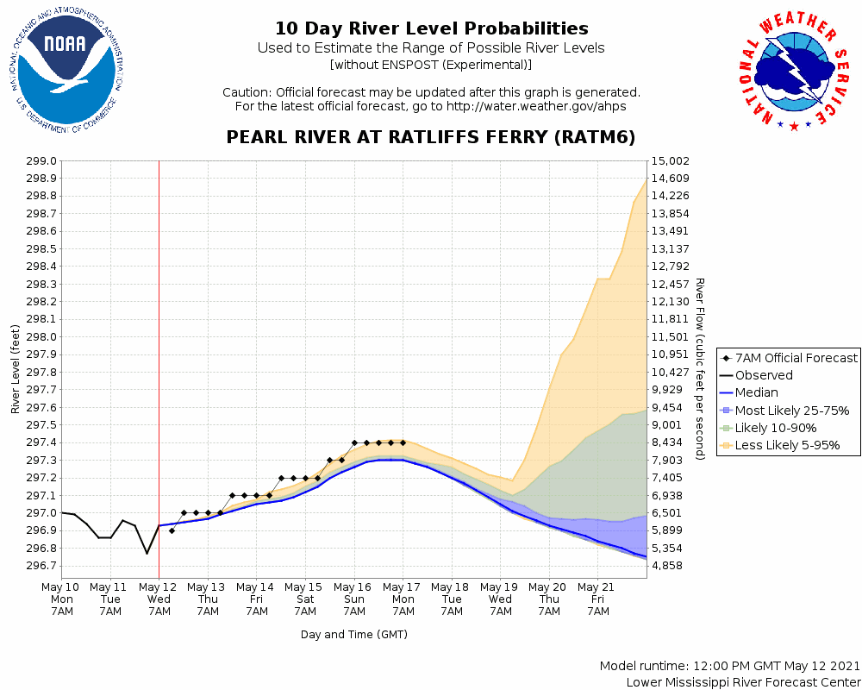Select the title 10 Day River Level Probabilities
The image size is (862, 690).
click(431, 28)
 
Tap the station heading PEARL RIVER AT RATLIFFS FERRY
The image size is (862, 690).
click(430, 137)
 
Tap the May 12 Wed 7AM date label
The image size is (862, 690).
click(159, 599)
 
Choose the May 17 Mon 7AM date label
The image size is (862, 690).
click(403, 599)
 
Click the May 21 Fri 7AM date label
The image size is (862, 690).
click(597, 599)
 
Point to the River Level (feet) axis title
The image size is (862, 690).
click(16, 369)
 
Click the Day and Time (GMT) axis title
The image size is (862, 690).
click(353, 635)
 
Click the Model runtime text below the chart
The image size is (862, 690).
click(729, 666)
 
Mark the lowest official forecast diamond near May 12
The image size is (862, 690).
click(172, 530)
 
